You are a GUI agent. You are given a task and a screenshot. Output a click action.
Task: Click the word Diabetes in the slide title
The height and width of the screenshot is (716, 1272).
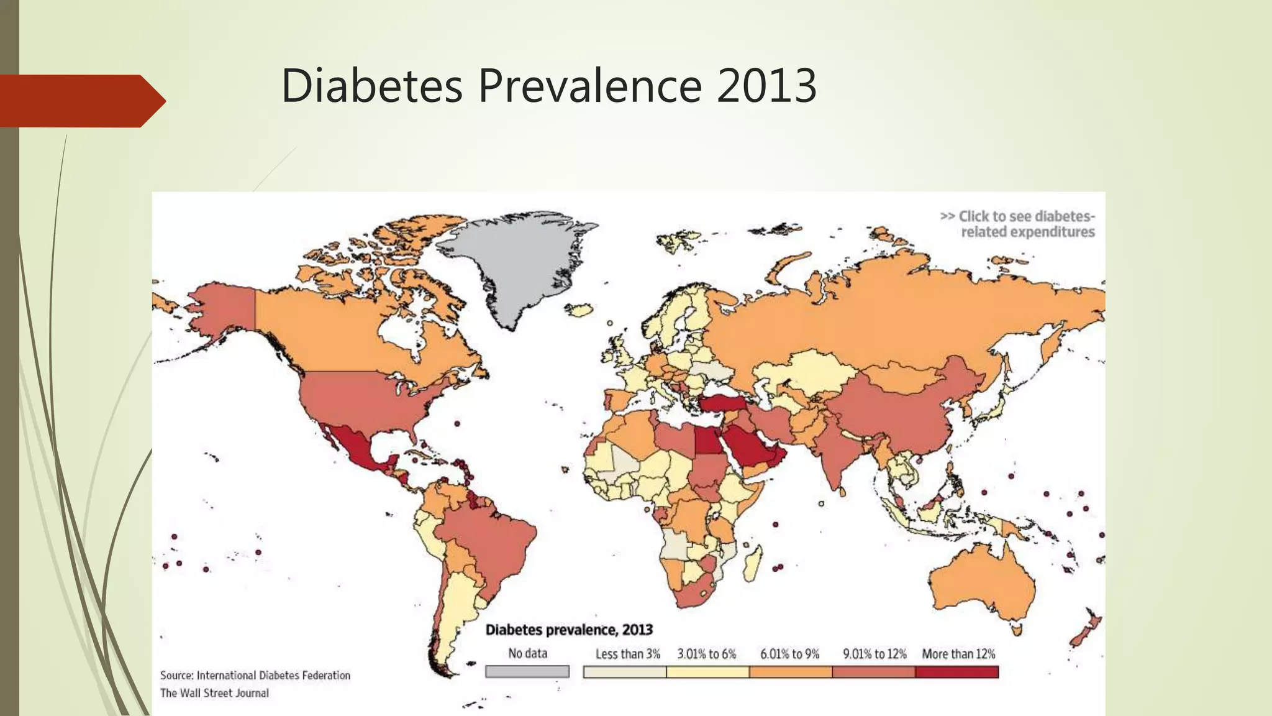pos(371,86)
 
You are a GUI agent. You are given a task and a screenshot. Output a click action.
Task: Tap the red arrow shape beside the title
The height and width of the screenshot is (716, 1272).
pos(81,101)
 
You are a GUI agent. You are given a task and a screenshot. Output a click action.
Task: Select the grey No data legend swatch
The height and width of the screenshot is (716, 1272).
pos(527,672)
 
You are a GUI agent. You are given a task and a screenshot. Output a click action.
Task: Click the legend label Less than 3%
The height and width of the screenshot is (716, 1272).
pos(627,654)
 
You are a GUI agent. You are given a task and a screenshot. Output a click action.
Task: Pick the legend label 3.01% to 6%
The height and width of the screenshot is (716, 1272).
pos(706,654)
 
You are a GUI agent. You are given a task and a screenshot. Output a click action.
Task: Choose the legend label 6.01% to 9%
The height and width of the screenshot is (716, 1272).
pos(789,654)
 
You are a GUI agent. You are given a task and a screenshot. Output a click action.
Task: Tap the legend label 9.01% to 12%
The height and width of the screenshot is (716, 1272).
pos(874,654)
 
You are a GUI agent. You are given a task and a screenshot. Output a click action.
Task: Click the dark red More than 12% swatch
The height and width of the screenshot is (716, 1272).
pos(956,672)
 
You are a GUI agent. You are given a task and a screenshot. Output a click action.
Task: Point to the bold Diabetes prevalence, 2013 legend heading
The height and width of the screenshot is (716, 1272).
pos(568,630)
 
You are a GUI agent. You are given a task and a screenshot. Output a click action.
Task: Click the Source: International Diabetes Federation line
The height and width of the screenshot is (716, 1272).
pos(255,675)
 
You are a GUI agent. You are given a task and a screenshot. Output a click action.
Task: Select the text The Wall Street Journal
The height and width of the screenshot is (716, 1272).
pos(214,693)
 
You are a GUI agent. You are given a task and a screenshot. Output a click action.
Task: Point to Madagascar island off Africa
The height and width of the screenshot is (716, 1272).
pos(752,562)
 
